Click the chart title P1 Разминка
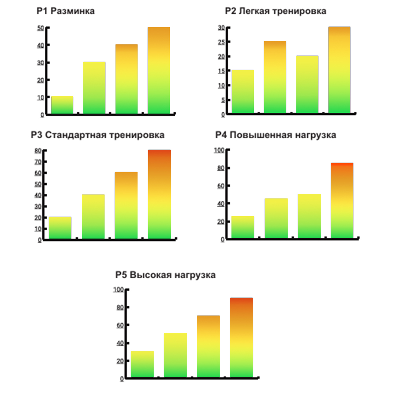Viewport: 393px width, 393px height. [x=66, y=11]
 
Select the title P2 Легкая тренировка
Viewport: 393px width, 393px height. [x=275, y=11]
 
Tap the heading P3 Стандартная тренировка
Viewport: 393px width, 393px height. [x=97, y=135]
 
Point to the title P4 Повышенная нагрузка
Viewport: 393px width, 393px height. [x=275, y=135]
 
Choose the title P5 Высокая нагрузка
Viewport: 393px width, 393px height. [x=165, y=275]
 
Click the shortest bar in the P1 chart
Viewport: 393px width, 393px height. [x=62, y=105]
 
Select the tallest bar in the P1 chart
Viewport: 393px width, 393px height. [x=158, y=71]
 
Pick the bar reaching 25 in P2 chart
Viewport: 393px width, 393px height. [x=275, y=77]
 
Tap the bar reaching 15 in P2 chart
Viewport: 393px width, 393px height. [x=242, y=92]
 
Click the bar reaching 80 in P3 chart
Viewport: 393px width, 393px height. [x=159, y=194]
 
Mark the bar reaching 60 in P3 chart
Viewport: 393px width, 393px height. [x=126, y=205]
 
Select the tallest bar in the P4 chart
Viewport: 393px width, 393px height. [x=342, y=200]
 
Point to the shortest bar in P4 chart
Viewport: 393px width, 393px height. [x=242, y=227]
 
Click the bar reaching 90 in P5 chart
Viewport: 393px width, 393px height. [x=241, y=338]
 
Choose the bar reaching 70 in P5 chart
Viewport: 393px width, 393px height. [x=208, y=346]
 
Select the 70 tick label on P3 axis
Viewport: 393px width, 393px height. [x=38, y=162]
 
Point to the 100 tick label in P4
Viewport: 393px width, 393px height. [x=219, y=150]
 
